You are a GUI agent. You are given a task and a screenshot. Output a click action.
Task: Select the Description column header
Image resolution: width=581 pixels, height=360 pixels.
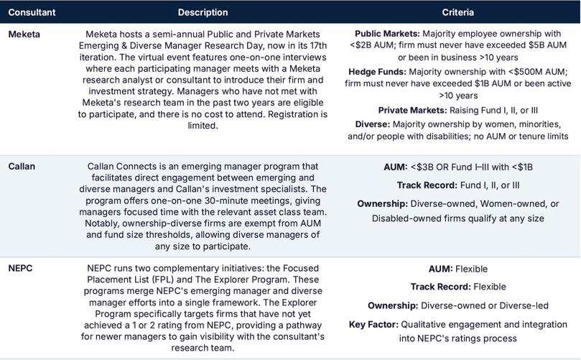(203, 12)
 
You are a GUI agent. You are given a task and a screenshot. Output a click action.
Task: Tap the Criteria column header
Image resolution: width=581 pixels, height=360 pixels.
(457, 12)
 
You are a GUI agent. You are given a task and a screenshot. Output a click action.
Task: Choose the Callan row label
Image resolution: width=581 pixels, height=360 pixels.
(22, 167)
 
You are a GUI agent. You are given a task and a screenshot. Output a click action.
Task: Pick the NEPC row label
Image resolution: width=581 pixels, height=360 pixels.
(20, 269)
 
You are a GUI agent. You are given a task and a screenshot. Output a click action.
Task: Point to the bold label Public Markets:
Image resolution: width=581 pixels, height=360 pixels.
(387, 34)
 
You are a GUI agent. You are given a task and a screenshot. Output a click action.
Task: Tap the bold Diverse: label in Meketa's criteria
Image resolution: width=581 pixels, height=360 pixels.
(372, 124)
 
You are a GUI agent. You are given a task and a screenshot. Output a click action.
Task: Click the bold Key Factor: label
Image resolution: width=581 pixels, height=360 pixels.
(373, 325)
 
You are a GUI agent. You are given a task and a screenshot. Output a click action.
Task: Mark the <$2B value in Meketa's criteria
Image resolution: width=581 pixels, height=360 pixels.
(366, 46)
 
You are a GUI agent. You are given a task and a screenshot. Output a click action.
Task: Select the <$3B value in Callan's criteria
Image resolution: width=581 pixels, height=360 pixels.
(422, 167)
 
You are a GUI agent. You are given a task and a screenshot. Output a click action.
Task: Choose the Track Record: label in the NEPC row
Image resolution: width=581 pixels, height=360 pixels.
(440, 287)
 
